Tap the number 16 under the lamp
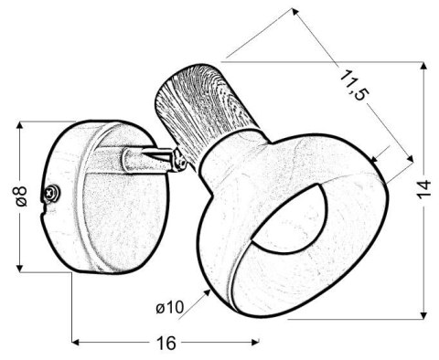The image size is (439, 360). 165,344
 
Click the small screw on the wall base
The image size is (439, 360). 56,193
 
